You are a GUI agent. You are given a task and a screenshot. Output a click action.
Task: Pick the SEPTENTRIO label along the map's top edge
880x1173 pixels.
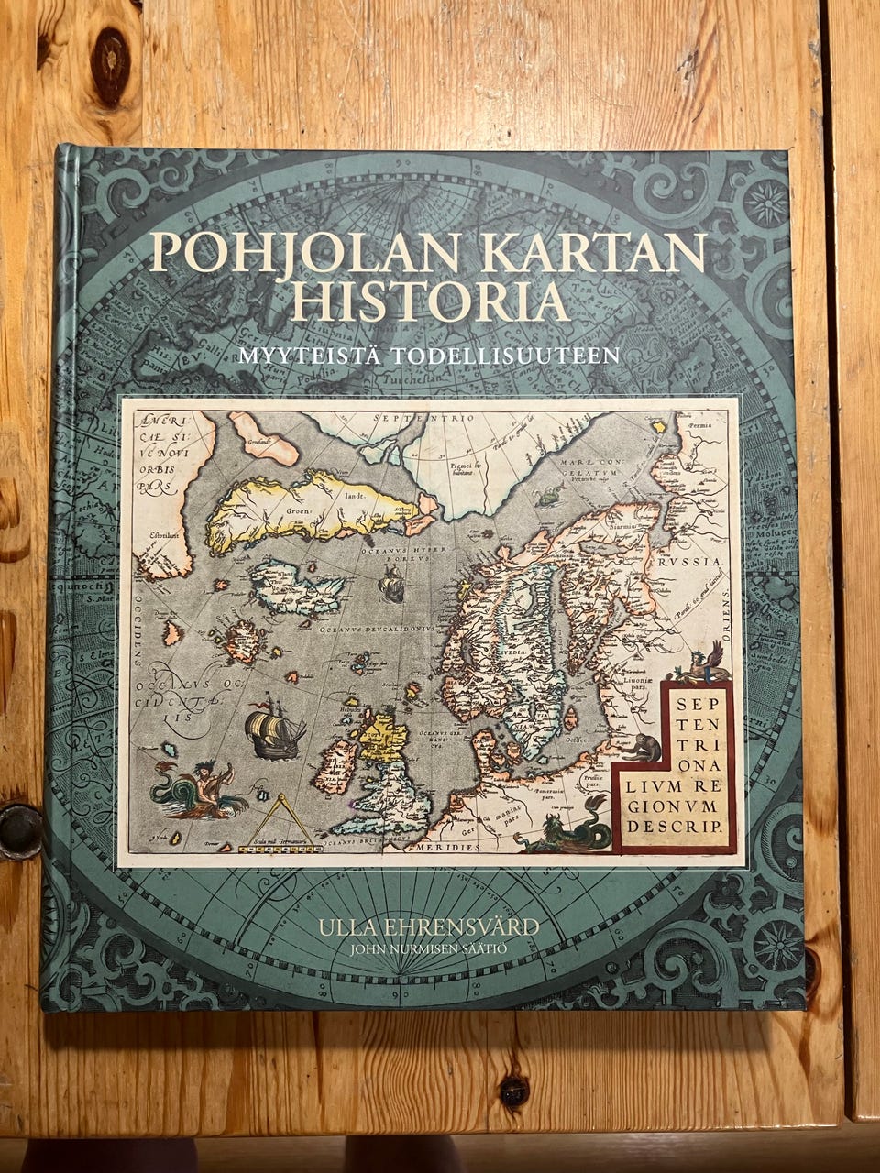(423, 419)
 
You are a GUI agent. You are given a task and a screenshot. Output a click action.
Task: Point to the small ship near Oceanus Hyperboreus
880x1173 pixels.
(391, 583)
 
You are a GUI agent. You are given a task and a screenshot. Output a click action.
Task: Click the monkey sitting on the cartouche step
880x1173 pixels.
(639, 745)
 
